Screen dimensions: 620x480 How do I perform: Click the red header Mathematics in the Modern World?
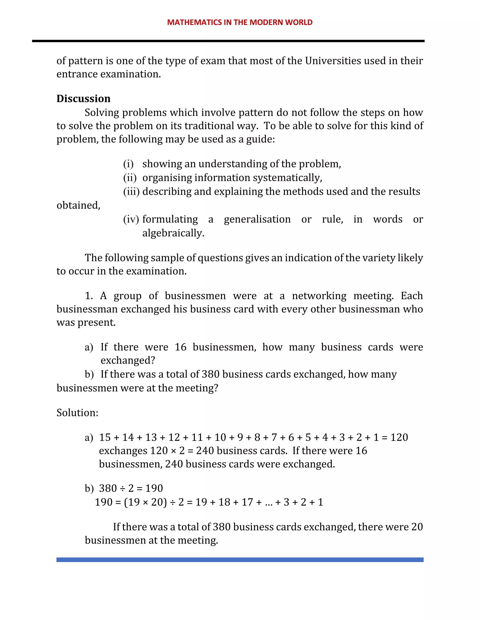click(240, 22)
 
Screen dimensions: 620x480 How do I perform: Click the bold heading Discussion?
click(83, 98)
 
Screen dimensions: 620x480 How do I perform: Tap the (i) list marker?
click(128, 164)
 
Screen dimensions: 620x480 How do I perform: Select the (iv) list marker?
click(131, 219)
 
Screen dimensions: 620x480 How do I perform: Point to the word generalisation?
click(257, 219)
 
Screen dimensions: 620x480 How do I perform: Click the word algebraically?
click(173, 233)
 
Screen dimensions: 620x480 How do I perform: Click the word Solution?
click(77, 412)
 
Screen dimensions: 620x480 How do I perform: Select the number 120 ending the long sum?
click(399, 438)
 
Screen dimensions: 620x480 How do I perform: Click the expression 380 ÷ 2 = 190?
click(131, 488)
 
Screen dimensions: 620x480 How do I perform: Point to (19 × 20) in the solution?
click(145, 502)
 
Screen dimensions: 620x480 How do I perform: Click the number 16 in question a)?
click(180, 347)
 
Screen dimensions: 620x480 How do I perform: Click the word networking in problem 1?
click(319, 296)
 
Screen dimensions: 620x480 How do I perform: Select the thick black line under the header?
click(228, 41)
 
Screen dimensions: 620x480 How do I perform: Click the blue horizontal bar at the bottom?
click(240, 560)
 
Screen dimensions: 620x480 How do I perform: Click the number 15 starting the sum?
click(105, 438)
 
